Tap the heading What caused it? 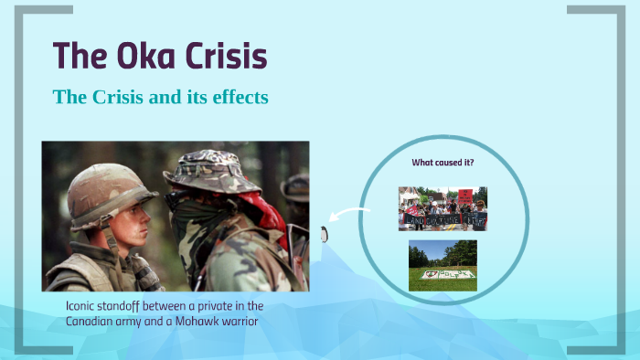pos(443,163)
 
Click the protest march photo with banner pos(443,208)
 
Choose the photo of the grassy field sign pos(443,266)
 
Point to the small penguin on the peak pos(324,235)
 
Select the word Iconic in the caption pos(83,306)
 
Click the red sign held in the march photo pos(465,196)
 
